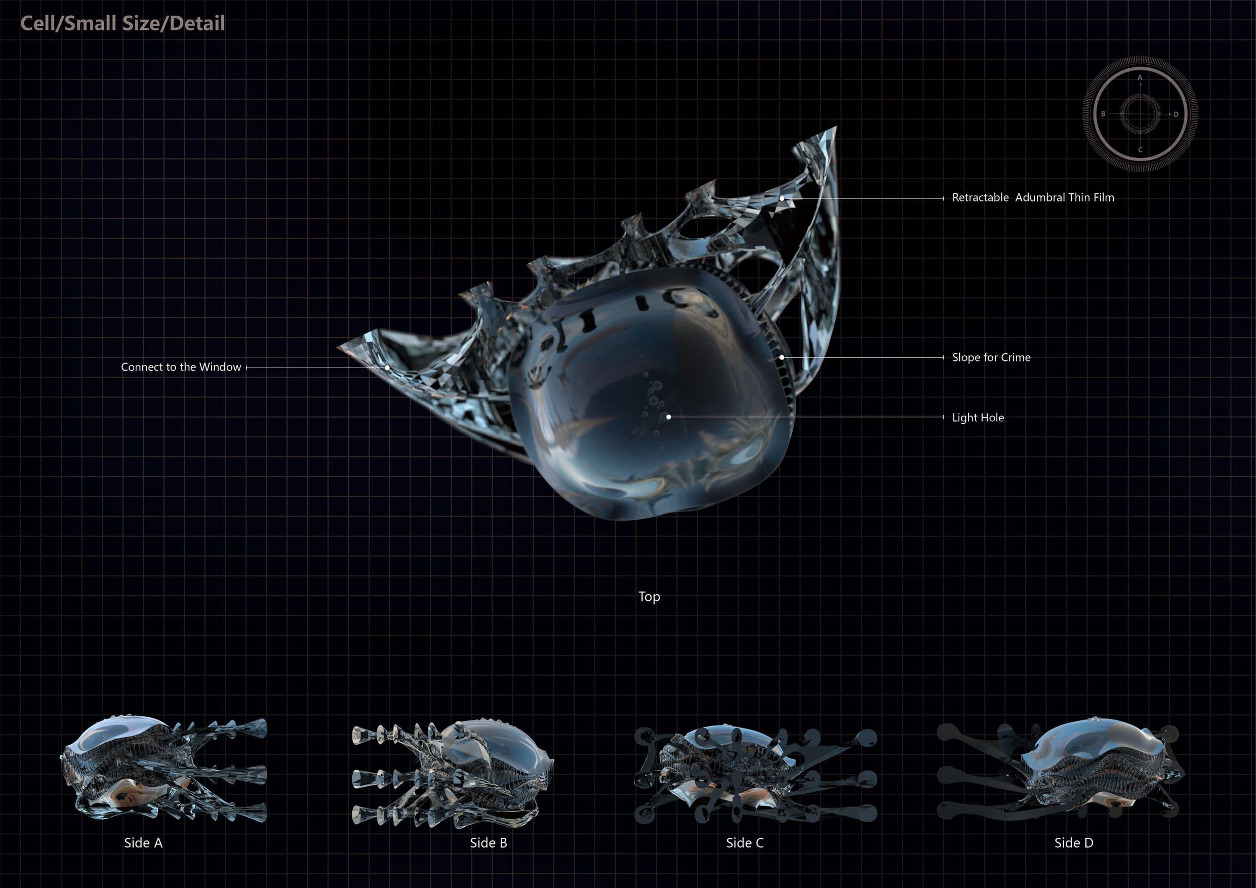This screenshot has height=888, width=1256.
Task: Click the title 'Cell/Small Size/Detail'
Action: point(123,23)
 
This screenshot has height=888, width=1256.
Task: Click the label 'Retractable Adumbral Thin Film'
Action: point(1033,197)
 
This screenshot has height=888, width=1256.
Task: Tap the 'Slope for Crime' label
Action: point(991,357)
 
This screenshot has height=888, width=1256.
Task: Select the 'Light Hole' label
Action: point(978,418)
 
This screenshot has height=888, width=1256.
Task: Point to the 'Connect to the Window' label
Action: point(181,367)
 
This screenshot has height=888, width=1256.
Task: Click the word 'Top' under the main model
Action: point(650,596)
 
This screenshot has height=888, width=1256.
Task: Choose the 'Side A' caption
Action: point(143,842)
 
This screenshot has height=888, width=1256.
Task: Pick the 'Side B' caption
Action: point(489,842)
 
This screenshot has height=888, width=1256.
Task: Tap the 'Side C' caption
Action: point(745,842)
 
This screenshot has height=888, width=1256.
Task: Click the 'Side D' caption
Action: point(1074,842)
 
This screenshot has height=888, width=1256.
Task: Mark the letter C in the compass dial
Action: point(1140,150)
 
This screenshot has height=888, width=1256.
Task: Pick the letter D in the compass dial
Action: point(1176,114)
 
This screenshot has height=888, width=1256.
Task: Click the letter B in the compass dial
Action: point(1104,114)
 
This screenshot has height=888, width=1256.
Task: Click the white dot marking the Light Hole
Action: point(668,417)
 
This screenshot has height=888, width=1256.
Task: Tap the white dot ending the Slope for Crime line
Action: point(782,357)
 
